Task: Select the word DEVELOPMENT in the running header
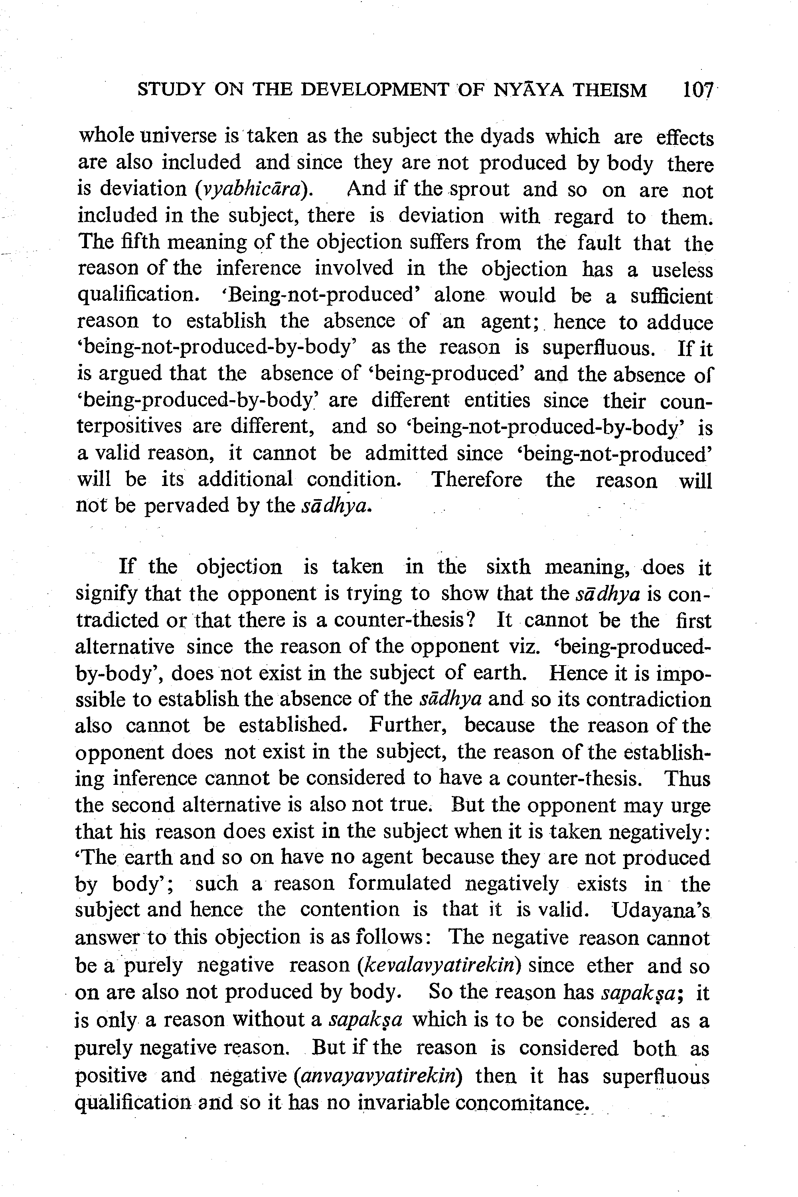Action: (x=375, y=90)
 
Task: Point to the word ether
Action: (x=610, y=966)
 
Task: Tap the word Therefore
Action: (x=476, y=480)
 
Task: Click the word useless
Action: (x=682, y=269)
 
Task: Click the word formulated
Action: (x=399, y=883)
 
